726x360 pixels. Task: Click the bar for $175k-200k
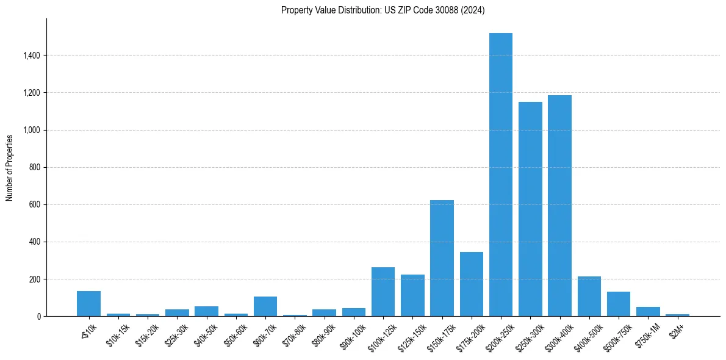pos(471,284)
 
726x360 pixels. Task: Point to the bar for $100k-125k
pos(383,292)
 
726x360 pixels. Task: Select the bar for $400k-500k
pos(589,296)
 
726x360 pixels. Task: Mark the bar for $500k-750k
pos(618,304)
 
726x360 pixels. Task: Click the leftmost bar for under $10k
pos(88,303)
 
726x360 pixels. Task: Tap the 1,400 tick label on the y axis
pos(31,56)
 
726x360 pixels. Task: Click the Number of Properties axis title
pos(10,167)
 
